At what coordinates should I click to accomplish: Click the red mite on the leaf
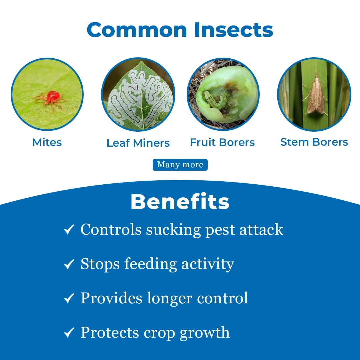[52, 97]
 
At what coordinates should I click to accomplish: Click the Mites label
[47, 142]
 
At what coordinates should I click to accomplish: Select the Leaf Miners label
[138, 143]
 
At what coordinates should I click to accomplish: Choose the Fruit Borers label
[222, 142]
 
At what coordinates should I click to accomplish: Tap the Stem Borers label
[314, 142]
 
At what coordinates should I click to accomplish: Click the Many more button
[180, 165]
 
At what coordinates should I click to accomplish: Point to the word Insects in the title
[234, 30]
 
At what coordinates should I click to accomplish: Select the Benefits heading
[180, 202]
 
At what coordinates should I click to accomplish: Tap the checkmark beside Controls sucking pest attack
[69, 230]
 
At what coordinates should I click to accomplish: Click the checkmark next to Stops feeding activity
[69, 264]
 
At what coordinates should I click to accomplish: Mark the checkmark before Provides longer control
[69, 298]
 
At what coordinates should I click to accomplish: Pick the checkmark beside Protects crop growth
[69, 333]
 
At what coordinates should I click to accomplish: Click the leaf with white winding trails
[138, 95]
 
